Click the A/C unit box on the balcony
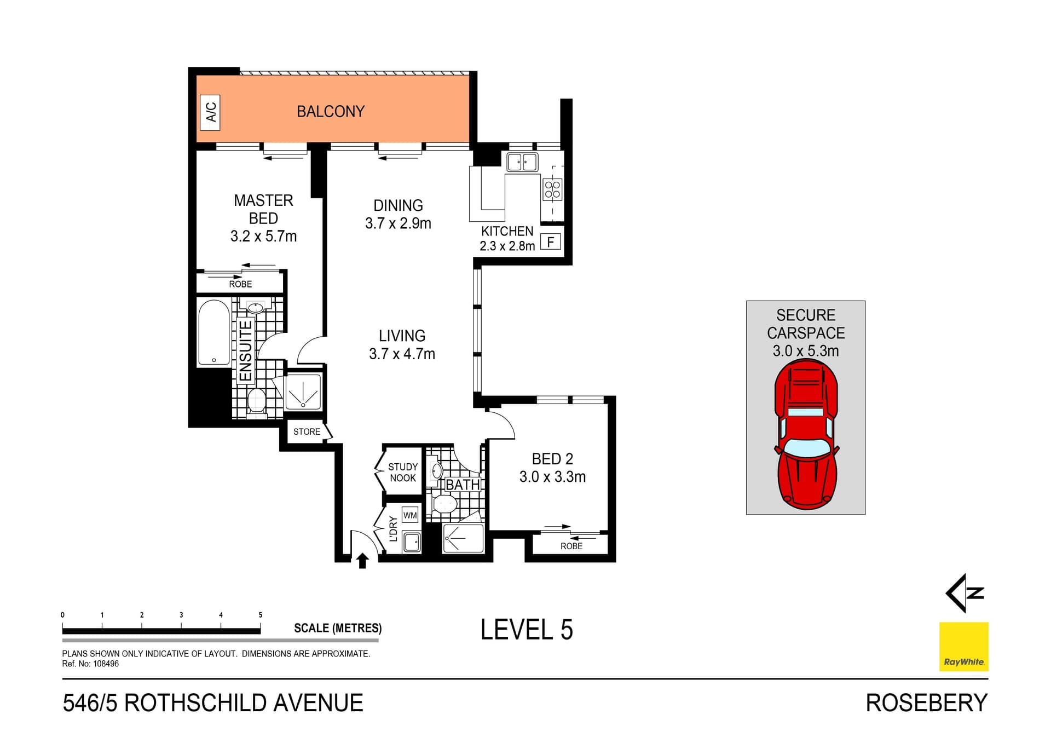point(210,112)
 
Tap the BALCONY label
point(330,112)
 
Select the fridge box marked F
point(551,241)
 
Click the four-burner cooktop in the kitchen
point(552,189)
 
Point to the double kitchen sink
point(522,162)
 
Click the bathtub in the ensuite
point(214,332)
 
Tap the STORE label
point(307,432)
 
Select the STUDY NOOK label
point(403,472)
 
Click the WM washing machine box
point(410,515)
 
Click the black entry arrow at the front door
point(362,561)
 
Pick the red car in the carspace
point(806,435)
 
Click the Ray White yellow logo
point(963,646)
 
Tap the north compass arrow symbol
point(965,593)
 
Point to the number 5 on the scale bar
point(261,615)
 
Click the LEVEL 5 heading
point(527,630)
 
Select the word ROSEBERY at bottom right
point(926,703)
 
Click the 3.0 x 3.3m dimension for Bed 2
point(552,477)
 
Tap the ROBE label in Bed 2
point(571,546)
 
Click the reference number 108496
point(106,664)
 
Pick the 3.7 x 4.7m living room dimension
point(402,354)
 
